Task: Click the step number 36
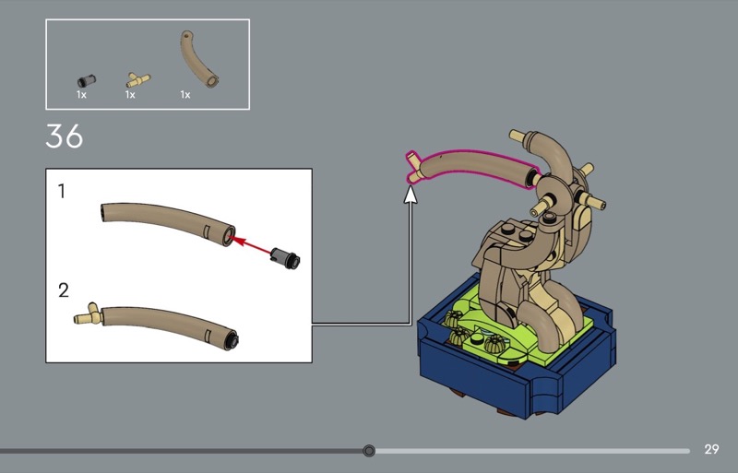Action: tap(64, 136)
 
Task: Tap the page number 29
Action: tap(711, 449)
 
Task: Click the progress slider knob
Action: tap(369, 451)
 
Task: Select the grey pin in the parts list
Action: tap(87, 80)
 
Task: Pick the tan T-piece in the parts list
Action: tap(137, 79)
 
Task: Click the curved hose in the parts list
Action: tap(196, 59)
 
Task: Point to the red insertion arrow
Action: tap(251, 246)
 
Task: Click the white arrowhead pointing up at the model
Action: tap(411, 195)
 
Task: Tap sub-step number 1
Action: tap(62, 192)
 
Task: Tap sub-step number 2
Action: tap(63, 290)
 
